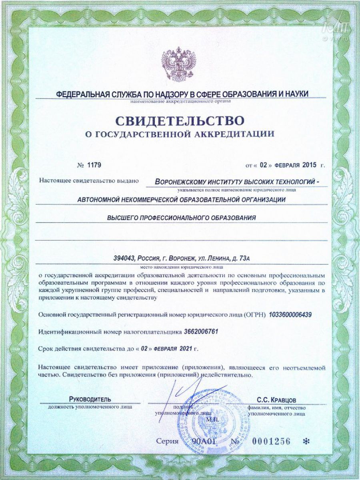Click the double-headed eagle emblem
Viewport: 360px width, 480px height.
pyautogui.click(x=179, y=64)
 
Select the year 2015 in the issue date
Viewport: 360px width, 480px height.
pyautogui.click(x=309, y=164)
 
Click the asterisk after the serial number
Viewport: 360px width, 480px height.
pyautogui.click(x=307, y=441)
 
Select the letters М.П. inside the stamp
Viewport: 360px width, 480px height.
pyautogui.click(x=211, y=420)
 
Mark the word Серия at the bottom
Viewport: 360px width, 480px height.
pyautogui.click(x=168, y=441)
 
